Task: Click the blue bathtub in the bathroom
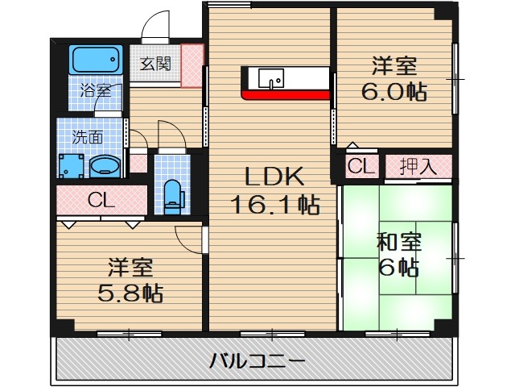point(94,59)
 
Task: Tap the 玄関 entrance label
point(154,64)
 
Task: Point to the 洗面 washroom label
point(88,136)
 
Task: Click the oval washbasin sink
point(105,167)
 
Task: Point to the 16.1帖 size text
point(274,205)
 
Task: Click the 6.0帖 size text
point(393,90)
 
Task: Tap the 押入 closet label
point(418,167)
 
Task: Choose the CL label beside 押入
point(360,167)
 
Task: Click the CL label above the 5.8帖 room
point(102,199)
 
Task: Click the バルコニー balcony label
point(257,360)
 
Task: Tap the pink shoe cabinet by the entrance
point(192,64)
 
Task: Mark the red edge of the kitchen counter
point(286,94)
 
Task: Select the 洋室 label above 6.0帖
point(393,64)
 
